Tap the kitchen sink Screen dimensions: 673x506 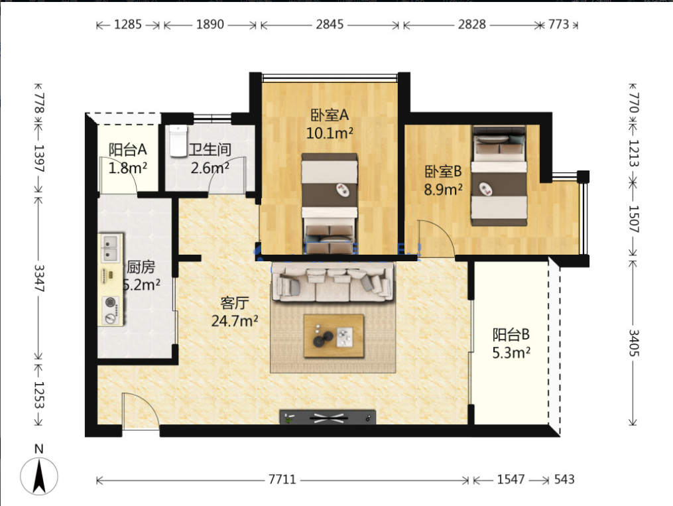click(x=110, y=249)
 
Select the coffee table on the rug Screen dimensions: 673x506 click(x=334, y=336)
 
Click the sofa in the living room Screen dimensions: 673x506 click(x=333, y=283)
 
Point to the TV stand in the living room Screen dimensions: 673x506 click(x=328, y=417)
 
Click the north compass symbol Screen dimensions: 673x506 click(x=39, y=476)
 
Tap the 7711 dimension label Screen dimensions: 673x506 click(x=282, y=479)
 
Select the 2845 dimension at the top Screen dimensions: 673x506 click(x=330, y=25)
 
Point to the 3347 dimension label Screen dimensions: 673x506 click(x=39, y=278)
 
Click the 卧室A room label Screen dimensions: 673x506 click(x=330, y=115)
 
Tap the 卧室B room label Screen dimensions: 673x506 click(x=444, y=172)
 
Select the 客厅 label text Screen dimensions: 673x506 click(x=234, y=303)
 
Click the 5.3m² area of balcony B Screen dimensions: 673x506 click(x=511, y=353)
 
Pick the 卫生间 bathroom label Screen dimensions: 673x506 click(x=210, y=149)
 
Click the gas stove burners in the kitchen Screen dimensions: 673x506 click(x=111, y=310)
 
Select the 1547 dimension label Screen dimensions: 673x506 click(x=511, y=479)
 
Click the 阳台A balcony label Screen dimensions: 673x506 click(x=127, y=150)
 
